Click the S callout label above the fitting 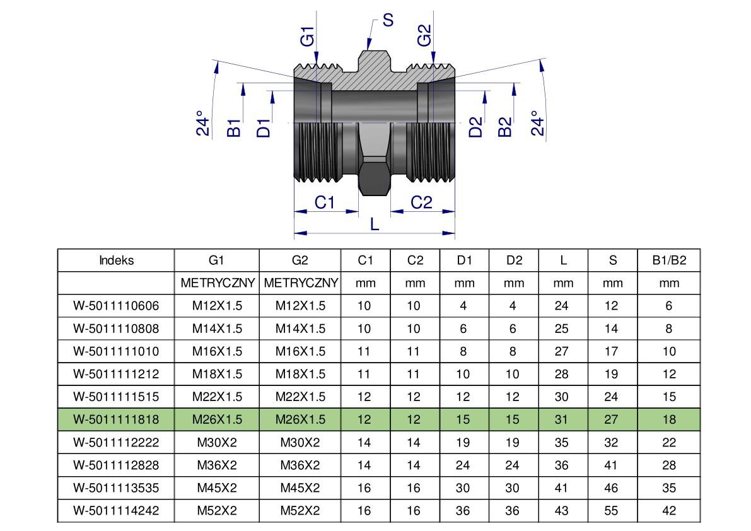click(x=388, y=20)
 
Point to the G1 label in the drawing click(x=307, y=36)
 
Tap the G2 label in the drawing click(x=424, y=35)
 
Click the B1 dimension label click(x=234, y=127)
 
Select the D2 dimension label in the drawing click(x=476, y=127)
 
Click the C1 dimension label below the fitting click(x=324, y=202)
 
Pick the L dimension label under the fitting click(x=375, y=224)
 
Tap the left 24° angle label click(x=202, y=124)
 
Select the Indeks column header click(x=116, y=260)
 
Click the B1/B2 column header click(x=669, y=260)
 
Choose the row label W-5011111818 click(x=116, y=419)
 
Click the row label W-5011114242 click(x=116, y=511)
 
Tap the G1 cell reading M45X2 click(x=217, y=488)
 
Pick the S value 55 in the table click(x=612, y=511)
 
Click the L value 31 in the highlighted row click(x=562, y=419)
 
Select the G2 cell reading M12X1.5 click(x=300, y=306)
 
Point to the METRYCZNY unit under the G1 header click(x=217, y=283)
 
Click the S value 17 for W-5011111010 click(x=612, y=351)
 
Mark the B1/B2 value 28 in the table click(x=669, y=465)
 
